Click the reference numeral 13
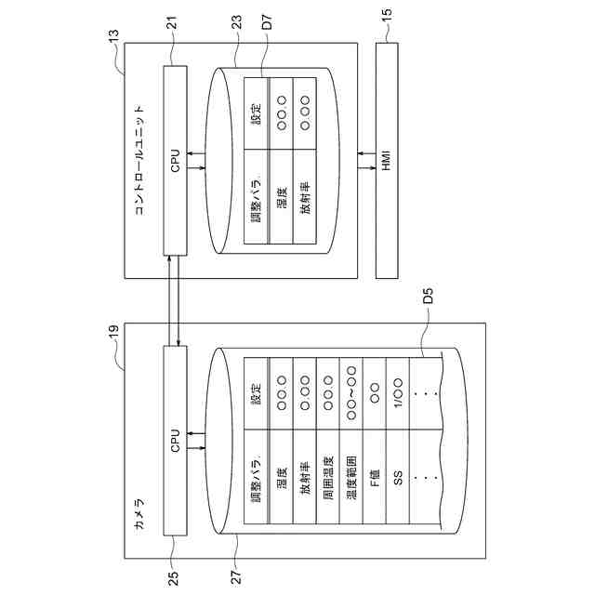pos(113,37)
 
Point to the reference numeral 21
pos(172,23)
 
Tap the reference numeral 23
pos(236,22)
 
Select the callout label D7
pos(267,22)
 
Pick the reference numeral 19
pos(113,332)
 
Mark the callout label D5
pos(428,296)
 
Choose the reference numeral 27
pos(236,577)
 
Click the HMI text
pos(387,161)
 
